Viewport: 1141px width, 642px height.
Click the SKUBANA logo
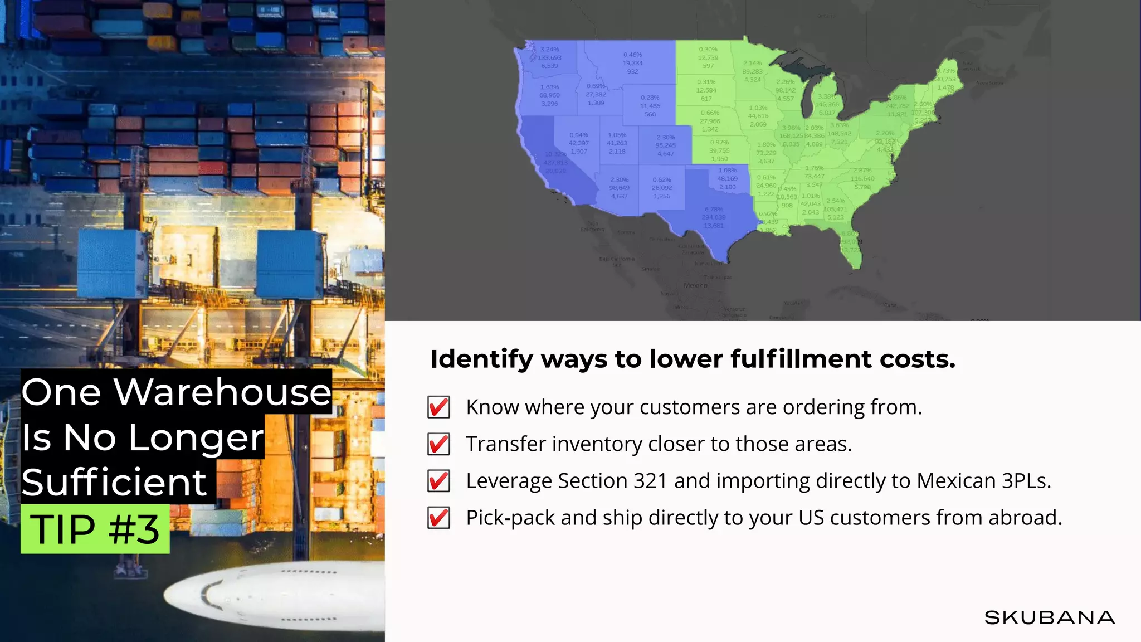1049,617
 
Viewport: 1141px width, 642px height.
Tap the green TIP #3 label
95,529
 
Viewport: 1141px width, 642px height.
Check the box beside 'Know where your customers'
438,407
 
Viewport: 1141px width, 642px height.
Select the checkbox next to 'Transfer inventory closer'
438,444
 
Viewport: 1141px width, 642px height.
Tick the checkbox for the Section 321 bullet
438,481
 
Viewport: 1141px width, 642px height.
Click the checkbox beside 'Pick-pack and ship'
438,518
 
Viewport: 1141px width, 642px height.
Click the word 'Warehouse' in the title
223,392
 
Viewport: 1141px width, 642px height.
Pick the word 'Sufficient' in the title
114,483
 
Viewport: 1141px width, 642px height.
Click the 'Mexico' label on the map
695,285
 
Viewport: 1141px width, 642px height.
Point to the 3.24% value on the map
549,49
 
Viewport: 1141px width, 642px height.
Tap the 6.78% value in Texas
714,210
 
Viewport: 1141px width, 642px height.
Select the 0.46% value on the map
632,55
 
